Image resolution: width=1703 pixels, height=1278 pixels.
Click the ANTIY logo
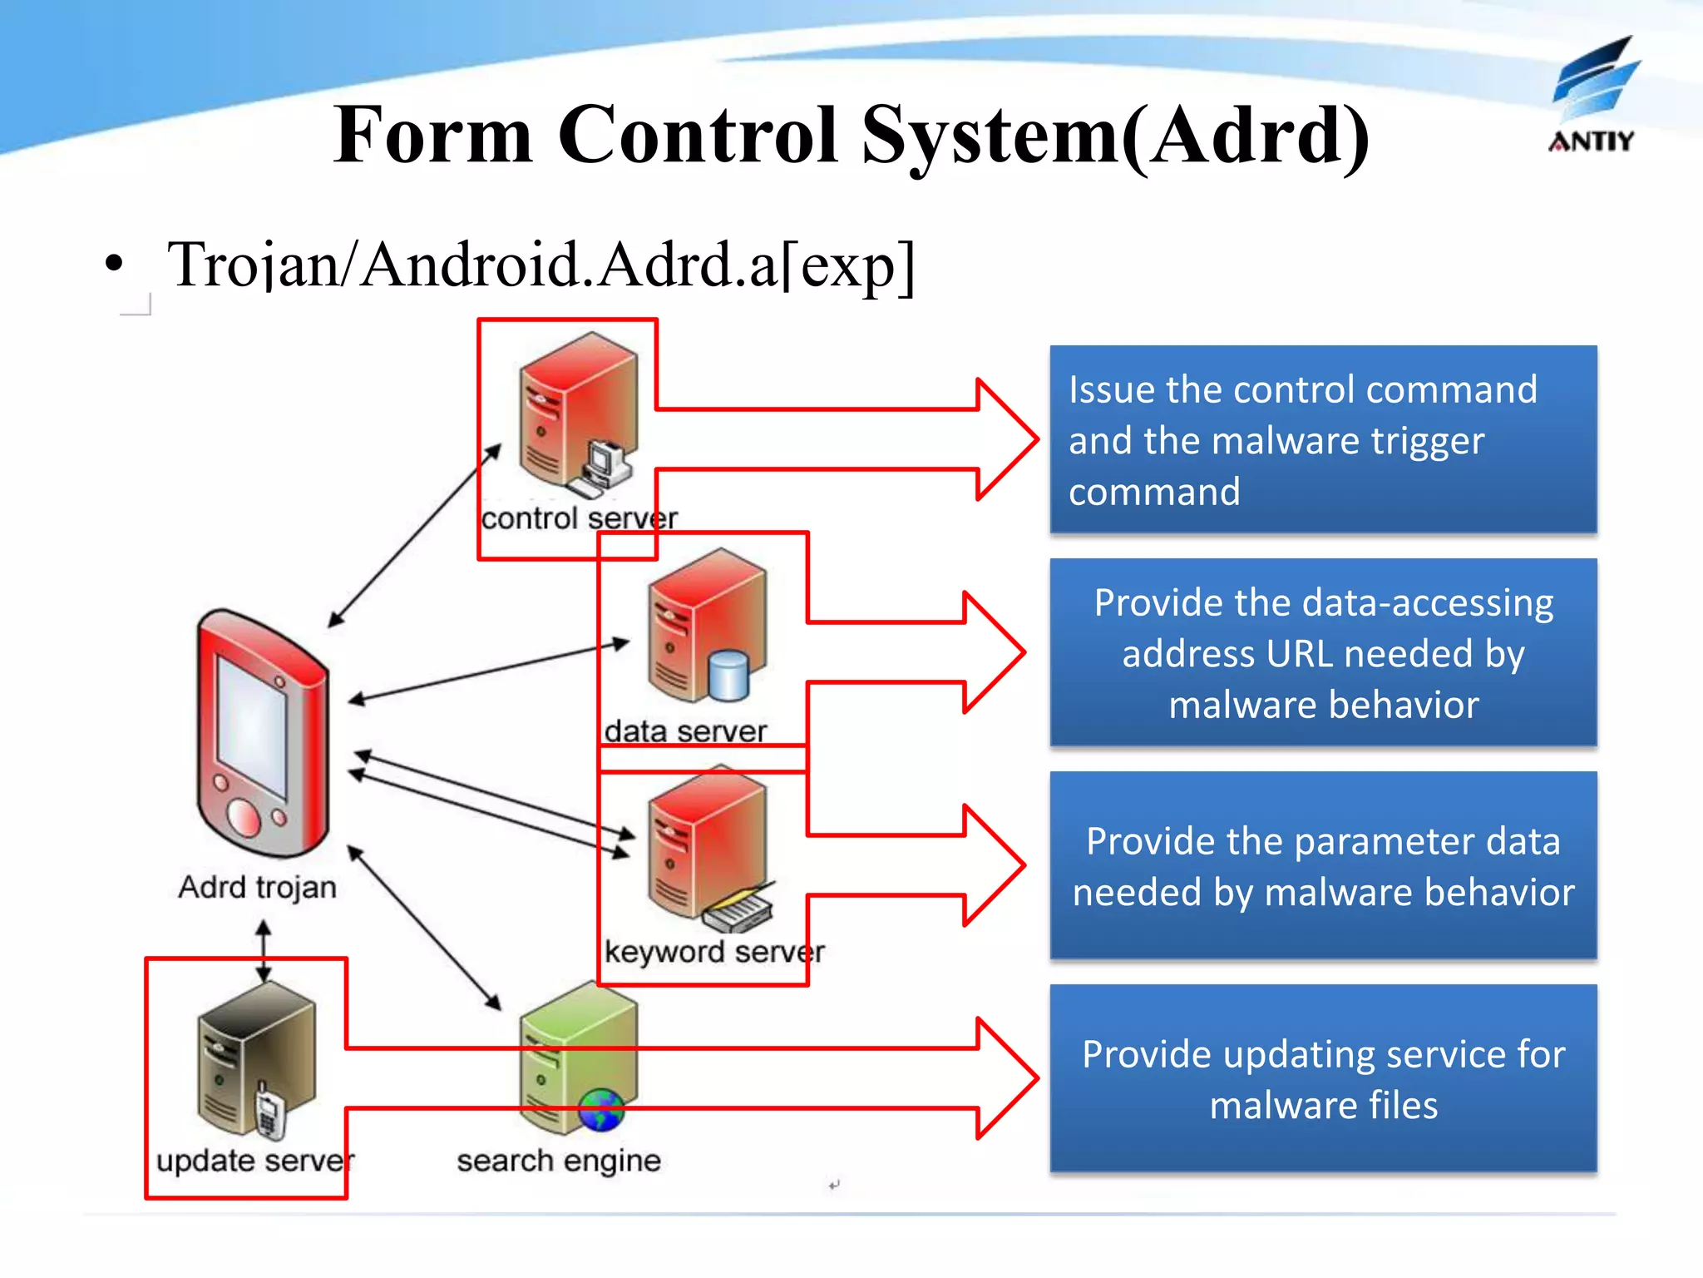click(x=1592, y=96)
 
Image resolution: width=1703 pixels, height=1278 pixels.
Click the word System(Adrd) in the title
click(x=1114, y=136)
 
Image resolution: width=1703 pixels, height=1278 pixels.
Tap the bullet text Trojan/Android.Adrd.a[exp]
click(x=541, y=265)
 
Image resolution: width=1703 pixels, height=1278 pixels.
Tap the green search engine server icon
click(x=578, y=1057)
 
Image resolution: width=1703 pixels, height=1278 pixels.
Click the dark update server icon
click(x=255, y=1057)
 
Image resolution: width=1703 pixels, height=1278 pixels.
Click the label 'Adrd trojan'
click(x=257, y=888)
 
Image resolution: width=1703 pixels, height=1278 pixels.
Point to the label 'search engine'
click(x=559, y=1161)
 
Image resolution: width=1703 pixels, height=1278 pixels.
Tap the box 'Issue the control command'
click(x=1322, y=439)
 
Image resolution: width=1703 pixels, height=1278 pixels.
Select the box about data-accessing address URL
click(x=1322, y=653)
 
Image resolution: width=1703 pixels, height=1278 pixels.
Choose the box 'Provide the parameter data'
click(x=1322, y=865)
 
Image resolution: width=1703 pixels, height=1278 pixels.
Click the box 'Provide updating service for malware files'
click(x=1322, y=1078)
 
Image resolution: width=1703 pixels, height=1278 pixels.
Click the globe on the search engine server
click(x=602, y=1109)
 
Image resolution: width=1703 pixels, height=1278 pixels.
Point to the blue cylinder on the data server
click(x=729, y=676)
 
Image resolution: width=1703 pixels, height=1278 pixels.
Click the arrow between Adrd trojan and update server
click(x=264, y=951)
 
